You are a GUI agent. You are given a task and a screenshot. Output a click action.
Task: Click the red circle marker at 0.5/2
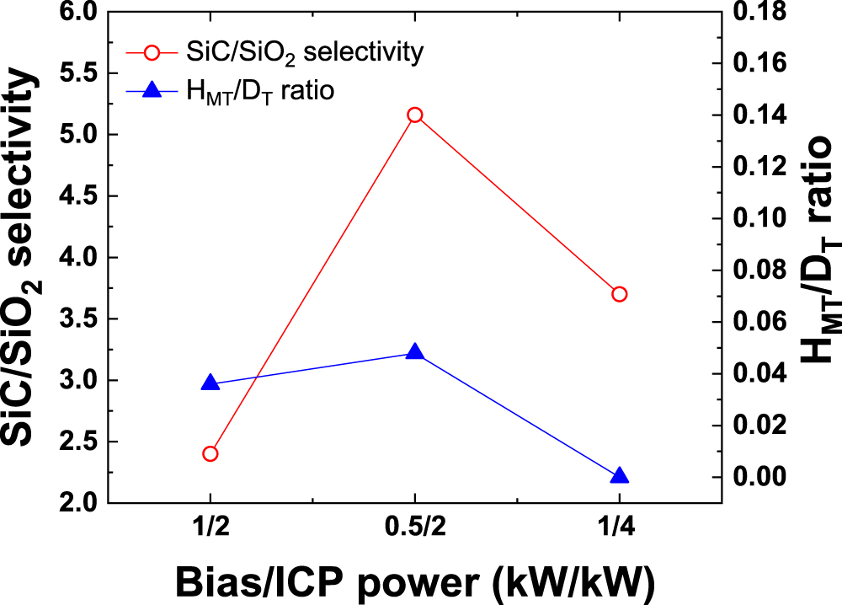[414, 115]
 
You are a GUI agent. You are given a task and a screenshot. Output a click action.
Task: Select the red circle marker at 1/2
[210, 453]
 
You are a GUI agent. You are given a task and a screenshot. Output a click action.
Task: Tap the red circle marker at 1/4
[620, 294]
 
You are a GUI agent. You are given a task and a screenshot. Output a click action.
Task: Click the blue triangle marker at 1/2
[210, 383]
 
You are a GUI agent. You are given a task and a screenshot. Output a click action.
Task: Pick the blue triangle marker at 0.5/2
[414, 352]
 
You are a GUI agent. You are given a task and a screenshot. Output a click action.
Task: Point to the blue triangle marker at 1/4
[620, 477]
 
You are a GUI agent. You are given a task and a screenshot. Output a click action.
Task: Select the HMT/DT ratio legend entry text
[261, 92]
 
